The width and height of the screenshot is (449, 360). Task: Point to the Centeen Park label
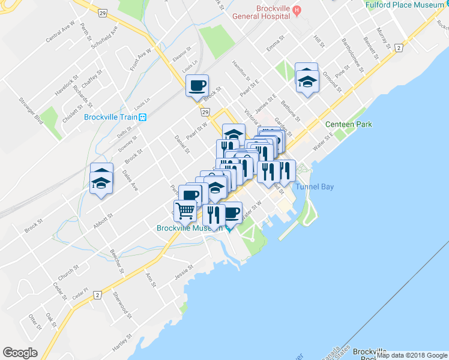pos(349,124)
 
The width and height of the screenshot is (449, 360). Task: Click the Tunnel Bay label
pos(314,187)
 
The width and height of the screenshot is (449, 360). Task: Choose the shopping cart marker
pos(185,211)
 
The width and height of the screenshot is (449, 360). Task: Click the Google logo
pos(20,353)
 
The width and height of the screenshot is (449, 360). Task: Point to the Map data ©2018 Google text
pos(412,355)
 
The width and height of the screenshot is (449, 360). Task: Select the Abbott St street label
pos(103,220)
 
